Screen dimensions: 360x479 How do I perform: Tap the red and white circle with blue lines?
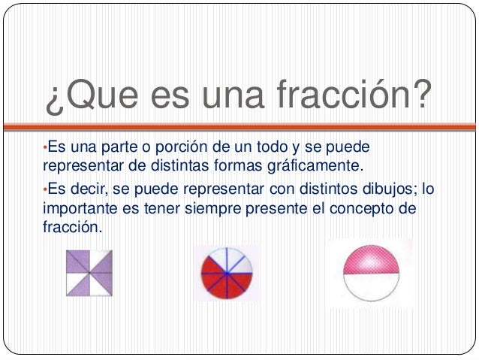pos(227,274)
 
